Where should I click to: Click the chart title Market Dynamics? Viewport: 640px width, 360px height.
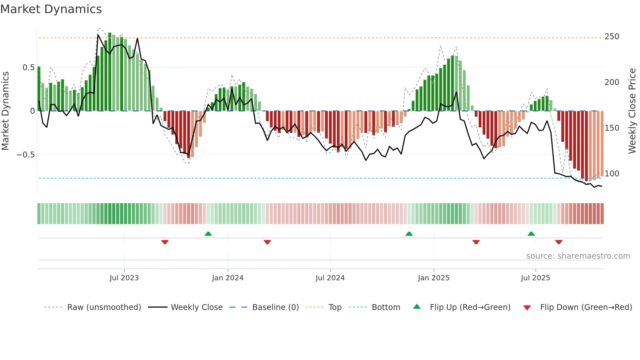coord(51,9)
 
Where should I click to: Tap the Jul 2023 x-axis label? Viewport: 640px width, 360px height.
coord(124,278)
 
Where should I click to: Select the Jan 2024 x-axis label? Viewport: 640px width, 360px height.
coord(228,278)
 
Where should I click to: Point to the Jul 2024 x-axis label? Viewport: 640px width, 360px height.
coord(330,278)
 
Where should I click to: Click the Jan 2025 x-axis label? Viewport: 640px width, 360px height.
coord(434,278)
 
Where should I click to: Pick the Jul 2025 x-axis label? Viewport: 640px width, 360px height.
coord(536,278)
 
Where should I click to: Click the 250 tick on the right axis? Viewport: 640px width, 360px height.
coord(612,37)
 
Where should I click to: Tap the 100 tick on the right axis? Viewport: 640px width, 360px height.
coord(612,174)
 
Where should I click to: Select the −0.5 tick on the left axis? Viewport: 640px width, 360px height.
coord(26,155)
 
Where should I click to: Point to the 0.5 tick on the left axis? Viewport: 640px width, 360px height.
coord(28,68)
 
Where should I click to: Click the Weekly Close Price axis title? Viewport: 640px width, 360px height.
coord(632,111)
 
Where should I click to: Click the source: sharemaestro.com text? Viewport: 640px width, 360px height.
coord(578,256)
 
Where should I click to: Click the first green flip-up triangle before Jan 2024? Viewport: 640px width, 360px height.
coord(208,234)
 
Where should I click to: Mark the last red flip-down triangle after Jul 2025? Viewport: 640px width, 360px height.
coord(559,242)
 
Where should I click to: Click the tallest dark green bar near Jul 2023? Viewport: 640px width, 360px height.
coord(110,72)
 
